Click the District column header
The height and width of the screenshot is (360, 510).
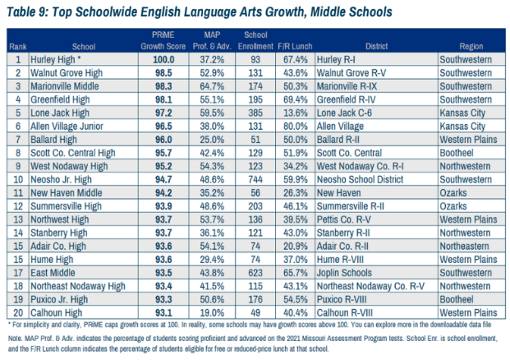coord(376,46)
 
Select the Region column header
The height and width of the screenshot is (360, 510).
coord(471,46)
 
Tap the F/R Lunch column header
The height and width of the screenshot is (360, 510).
coord(295,46)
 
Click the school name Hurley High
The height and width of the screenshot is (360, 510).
coord(53,59)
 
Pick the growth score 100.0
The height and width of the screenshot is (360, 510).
coord(163,59)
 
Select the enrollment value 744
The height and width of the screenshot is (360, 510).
coord(255,179)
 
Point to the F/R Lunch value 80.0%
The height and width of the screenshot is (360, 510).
coord(296,127)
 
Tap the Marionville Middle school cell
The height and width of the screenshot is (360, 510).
coord(64,86)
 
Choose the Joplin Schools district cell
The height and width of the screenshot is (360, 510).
coord(344,273)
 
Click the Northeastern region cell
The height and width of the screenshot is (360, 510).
coord(464,246)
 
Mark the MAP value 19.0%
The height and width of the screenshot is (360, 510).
coord(212,313)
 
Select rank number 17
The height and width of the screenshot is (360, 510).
coord(18,273)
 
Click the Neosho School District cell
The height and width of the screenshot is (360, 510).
coord(360,179)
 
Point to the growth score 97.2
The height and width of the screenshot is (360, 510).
coord(163,113)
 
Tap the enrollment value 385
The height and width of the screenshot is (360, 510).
coord(255,113)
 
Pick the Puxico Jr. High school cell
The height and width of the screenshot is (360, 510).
coord(59,299)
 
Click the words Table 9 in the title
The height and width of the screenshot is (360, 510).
coord(26,12)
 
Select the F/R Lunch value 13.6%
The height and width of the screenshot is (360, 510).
coord(296,113)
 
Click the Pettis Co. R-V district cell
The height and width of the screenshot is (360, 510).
coord(344,219)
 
